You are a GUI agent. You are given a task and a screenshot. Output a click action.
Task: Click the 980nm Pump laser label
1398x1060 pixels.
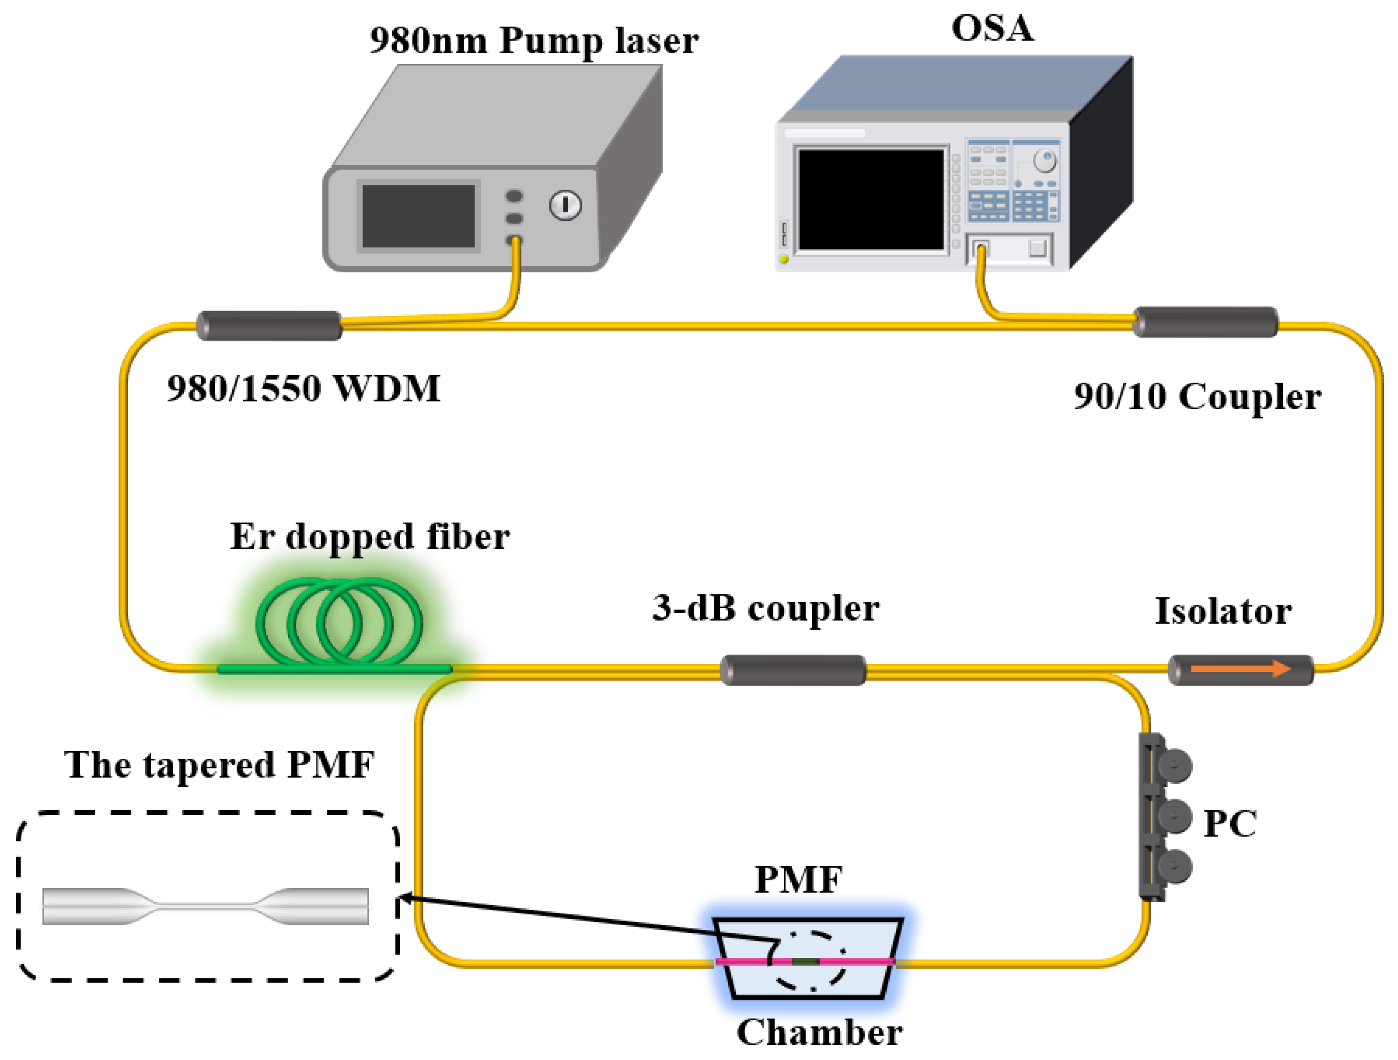[534, 41]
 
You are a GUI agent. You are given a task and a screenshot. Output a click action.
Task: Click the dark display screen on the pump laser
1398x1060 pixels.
[418, 216]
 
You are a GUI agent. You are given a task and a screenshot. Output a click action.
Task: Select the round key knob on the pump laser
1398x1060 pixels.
[565, 205]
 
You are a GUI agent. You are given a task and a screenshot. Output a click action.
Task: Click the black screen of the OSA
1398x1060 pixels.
[871, 199]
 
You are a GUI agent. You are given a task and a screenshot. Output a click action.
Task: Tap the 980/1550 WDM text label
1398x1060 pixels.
[303, 388]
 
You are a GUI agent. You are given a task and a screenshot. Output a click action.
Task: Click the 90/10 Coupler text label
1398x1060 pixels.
[1197, 397]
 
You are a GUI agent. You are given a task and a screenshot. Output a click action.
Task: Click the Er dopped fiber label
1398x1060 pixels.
[370, 537]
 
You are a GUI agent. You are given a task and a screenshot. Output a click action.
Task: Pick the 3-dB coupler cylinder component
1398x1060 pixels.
[793, 670]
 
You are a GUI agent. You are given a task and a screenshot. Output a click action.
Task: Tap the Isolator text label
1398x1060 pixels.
[1223, 611]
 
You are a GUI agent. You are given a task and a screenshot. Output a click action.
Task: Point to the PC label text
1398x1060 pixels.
[1229, 824]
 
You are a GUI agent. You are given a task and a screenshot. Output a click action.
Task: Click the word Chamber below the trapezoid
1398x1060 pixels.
[819, 1033]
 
